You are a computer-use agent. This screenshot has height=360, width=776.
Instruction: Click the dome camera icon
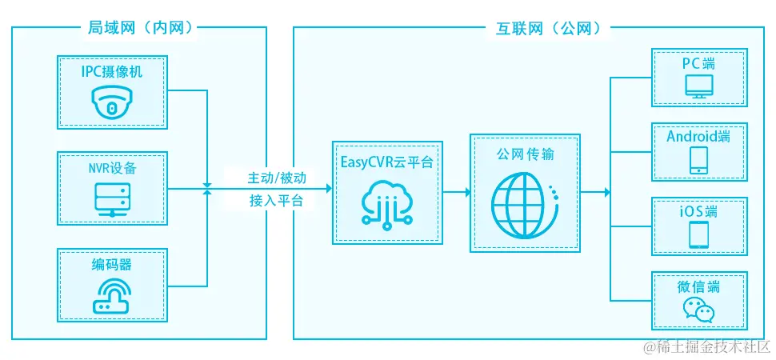click(x=111, y=103)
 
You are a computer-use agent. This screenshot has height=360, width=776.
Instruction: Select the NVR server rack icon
click(x=111, y=198)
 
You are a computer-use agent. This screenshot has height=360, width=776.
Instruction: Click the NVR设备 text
click(x=112, y=168)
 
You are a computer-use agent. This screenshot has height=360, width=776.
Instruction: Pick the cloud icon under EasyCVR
click(x=387, y=201)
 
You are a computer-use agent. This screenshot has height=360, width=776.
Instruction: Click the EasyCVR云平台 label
click(x=387, y=162)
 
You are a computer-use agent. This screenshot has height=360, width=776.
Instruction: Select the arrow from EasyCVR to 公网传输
click(x=455, y=192)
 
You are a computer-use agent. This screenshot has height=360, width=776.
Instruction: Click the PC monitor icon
click(x=699, y=86)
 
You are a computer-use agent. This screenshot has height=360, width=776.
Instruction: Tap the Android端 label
click(x=698, y=136)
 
